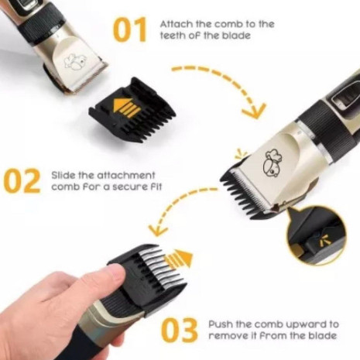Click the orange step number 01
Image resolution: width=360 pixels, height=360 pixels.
coord(130,29)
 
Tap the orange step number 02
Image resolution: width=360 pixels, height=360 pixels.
coord(22,181)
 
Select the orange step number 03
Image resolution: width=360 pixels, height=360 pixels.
coord(179,331)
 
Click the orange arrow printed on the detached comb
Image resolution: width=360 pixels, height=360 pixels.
coord(126,108)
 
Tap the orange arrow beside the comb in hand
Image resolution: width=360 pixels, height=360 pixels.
coord(180,259)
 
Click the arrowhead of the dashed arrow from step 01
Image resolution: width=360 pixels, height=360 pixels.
coord(254,111)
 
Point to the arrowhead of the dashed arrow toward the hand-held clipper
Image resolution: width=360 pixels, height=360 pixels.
coord(157,230)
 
